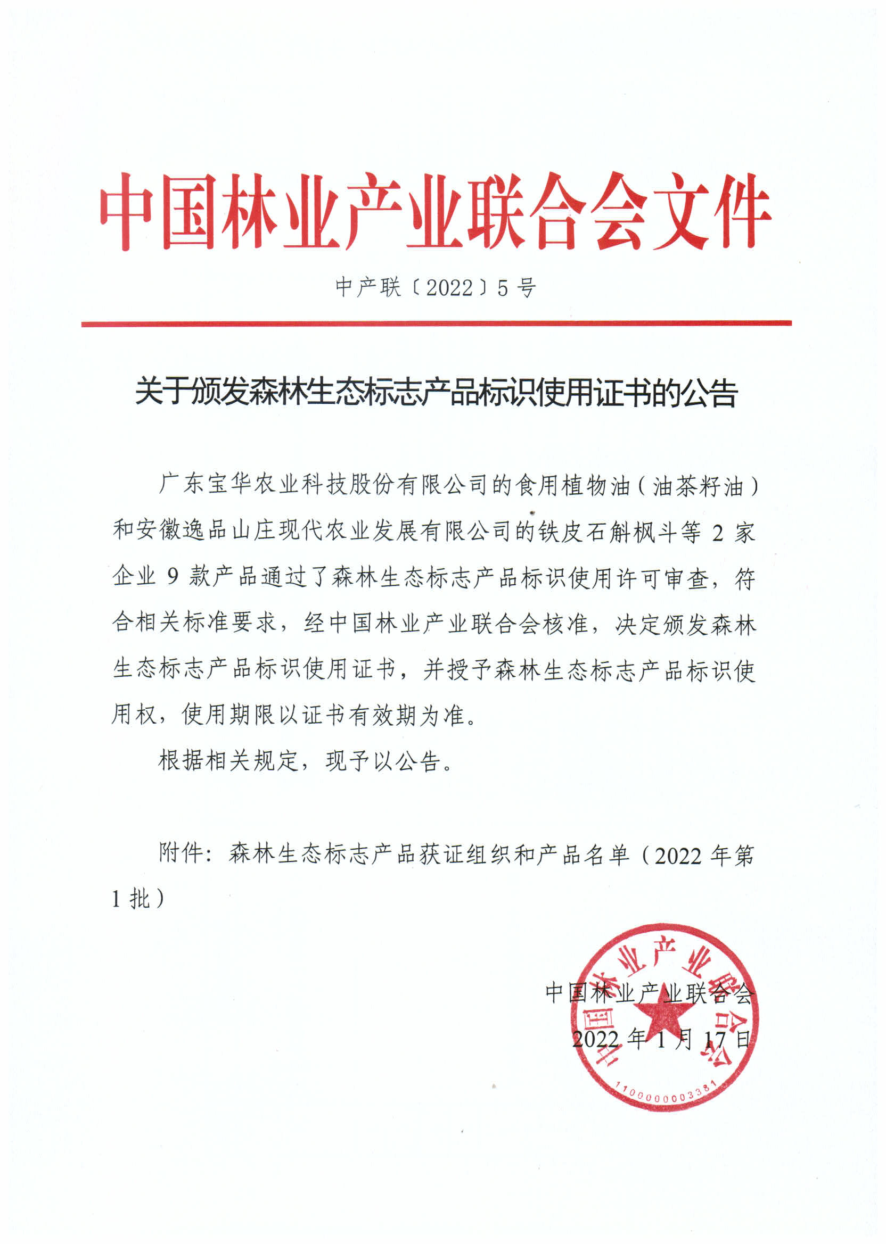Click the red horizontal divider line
click(x=437, y=324)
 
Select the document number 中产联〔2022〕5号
click(x=436, y=287)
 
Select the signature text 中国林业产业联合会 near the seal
click(x=649, y=993)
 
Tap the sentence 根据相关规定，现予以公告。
click(x=306, y=760)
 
